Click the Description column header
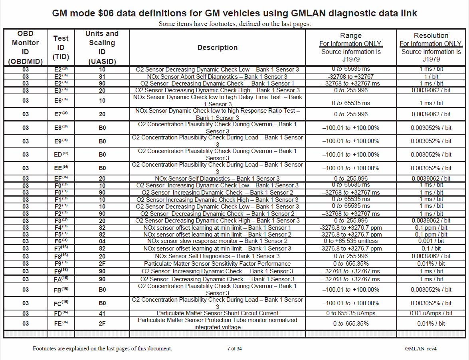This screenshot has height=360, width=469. click(x=217, y=48)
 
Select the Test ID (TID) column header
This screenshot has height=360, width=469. click(x=61, y=48)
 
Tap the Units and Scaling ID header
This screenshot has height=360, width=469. click(x=102, y=48)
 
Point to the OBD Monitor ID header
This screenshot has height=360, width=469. click(x=25, y=48)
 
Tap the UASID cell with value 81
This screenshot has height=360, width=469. click(x=102, y=76)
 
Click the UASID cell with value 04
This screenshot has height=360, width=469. click(x=102, y=241)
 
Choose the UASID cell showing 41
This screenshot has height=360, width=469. click(x=102, y=313)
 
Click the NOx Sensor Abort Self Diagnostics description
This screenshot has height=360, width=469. click(x=217, y=76)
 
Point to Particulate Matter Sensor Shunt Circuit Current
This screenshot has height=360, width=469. click(x=217, y=313)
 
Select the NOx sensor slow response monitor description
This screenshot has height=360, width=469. click(x=217, y=241)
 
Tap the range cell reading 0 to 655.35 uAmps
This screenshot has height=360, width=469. click(x=351, y=313)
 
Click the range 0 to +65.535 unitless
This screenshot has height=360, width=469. click(x=351, y=241)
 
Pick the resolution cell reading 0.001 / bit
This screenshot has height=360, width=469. click(x=431, y=241)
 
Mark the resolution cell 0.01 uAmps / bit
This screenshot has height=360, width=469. click(x=431, y=313)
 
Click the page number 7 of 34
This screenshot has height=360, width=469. click(x=234, y=348)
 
